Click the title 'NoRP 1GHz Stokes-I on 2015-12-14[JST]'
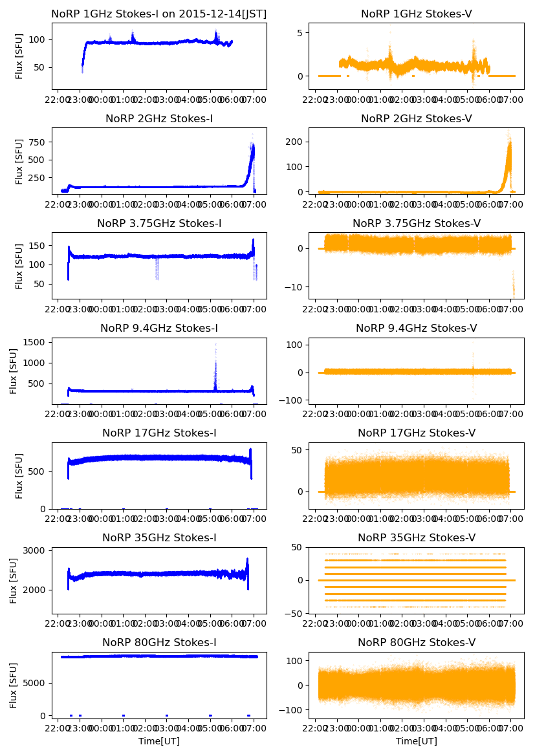click(158, 14)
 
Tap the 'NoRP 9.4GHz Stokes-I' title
click(158, 328)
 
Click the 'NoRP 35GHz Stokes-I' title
click(158, 537)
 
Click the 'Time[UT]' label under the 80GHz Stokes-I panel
click(158, 740)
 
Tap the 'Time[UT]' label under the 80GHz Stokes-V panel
click(416, 740)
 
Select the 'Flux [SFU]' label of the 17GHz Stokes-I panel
click(19, 475)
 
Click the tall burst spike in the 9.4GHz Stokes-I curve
click(215, 362)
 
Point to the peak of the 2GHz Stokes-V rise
click(509, 144)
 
